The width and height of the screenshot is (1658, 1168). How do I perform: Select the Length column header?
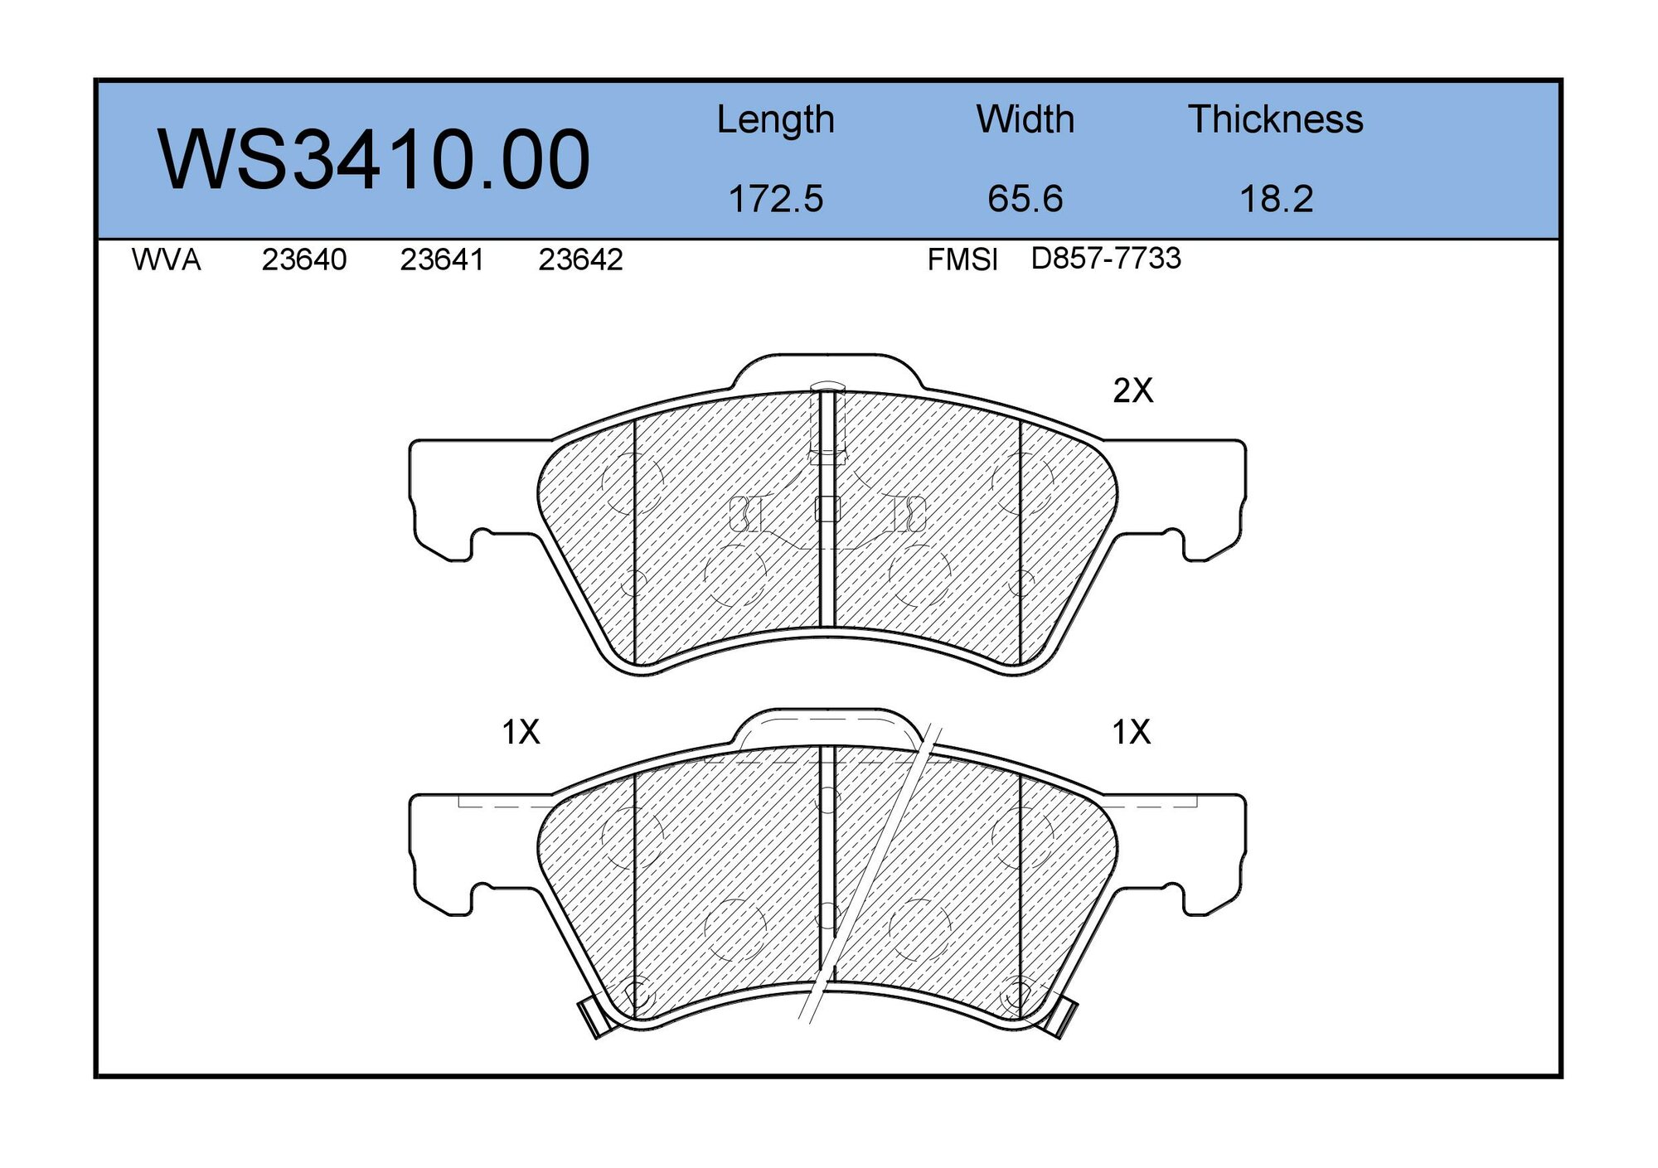click(x=775, y=120)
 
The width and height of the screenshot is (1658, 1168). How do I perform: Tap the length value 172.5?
click(x=775, y=199)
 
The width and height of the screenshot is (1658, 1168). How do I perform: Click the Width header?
click(x=1025, y=119)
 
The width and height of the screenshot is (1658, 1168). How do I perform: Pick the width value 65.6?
click(x=1025, y=199)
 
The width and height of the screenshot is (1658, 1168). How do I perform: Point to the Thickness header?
click(x=1275, y=119)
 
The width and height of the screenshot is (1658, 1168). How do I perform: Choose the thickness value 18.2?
click(x=1276, y=199)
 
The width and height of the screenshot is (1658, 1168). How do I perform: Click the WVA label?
click(x=166, y=260)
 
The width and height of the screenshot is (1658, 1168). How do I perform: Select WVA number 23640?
click(x=304, y=260)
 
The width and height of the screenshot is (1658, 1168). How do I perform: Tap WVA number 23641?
click(x=442, y=260)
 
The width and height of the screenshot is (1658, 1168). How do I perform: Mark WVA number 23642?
click(x=580, y=260)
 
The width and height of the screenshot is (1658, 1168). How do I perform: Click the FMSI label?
click(x=962, y=260)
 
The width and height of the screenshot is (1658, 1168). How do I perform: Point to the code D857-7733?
click(x=1105, y=259)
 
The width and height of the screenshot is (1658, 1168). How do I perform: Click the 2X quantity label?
click(x=1132, y=390)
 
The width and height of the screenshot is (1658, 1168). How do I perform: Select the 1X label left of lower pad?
click(x=521, y=732)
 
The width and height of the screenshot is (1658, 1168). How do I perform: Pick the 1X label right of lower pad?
click(x=1131, y=732)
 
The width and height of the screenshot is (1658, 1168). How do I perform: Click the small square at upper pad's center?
click(x=827, y=509)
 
